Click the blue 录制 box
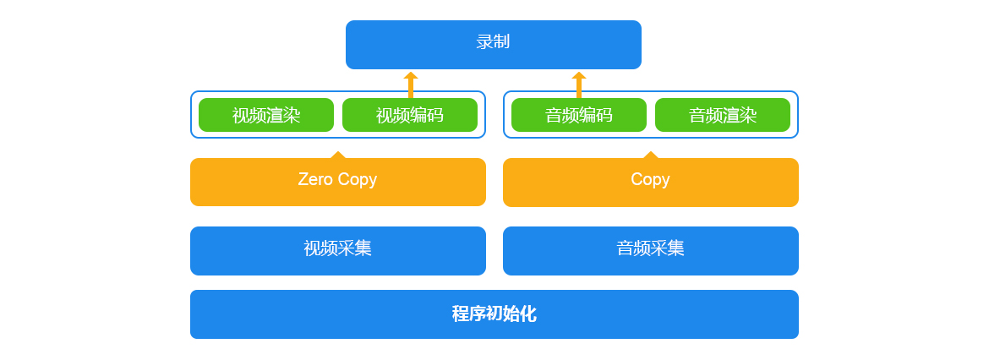click(494, 45)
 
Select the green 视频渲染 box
click(266, 115)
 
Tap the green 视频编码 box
click(410, 115)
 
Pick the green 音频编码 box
click(579, 115)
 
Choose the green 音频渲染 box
click(723, 115)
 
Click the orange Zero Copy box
click(338, 183)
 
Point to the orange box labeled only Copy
click(651, 183)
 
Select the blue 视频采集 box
click(338, 251)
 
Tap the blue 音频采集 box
click(651, 251)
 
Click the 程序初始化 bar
click(494, 314)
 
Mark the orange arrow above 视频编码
click(411, 85)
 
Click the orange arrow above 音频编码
click(579, 85)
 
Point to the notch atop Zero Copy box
click(338, 155)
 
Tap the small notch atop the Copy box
click(651, 155)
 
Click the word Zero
click(314, 180)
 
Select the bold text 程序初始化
click(494, 314)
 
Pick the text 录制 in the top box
click(494, 42)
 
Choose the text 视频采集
click(337, 248)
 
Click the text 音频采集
click(650, 248)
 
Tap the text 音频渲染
click(723, 116)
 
